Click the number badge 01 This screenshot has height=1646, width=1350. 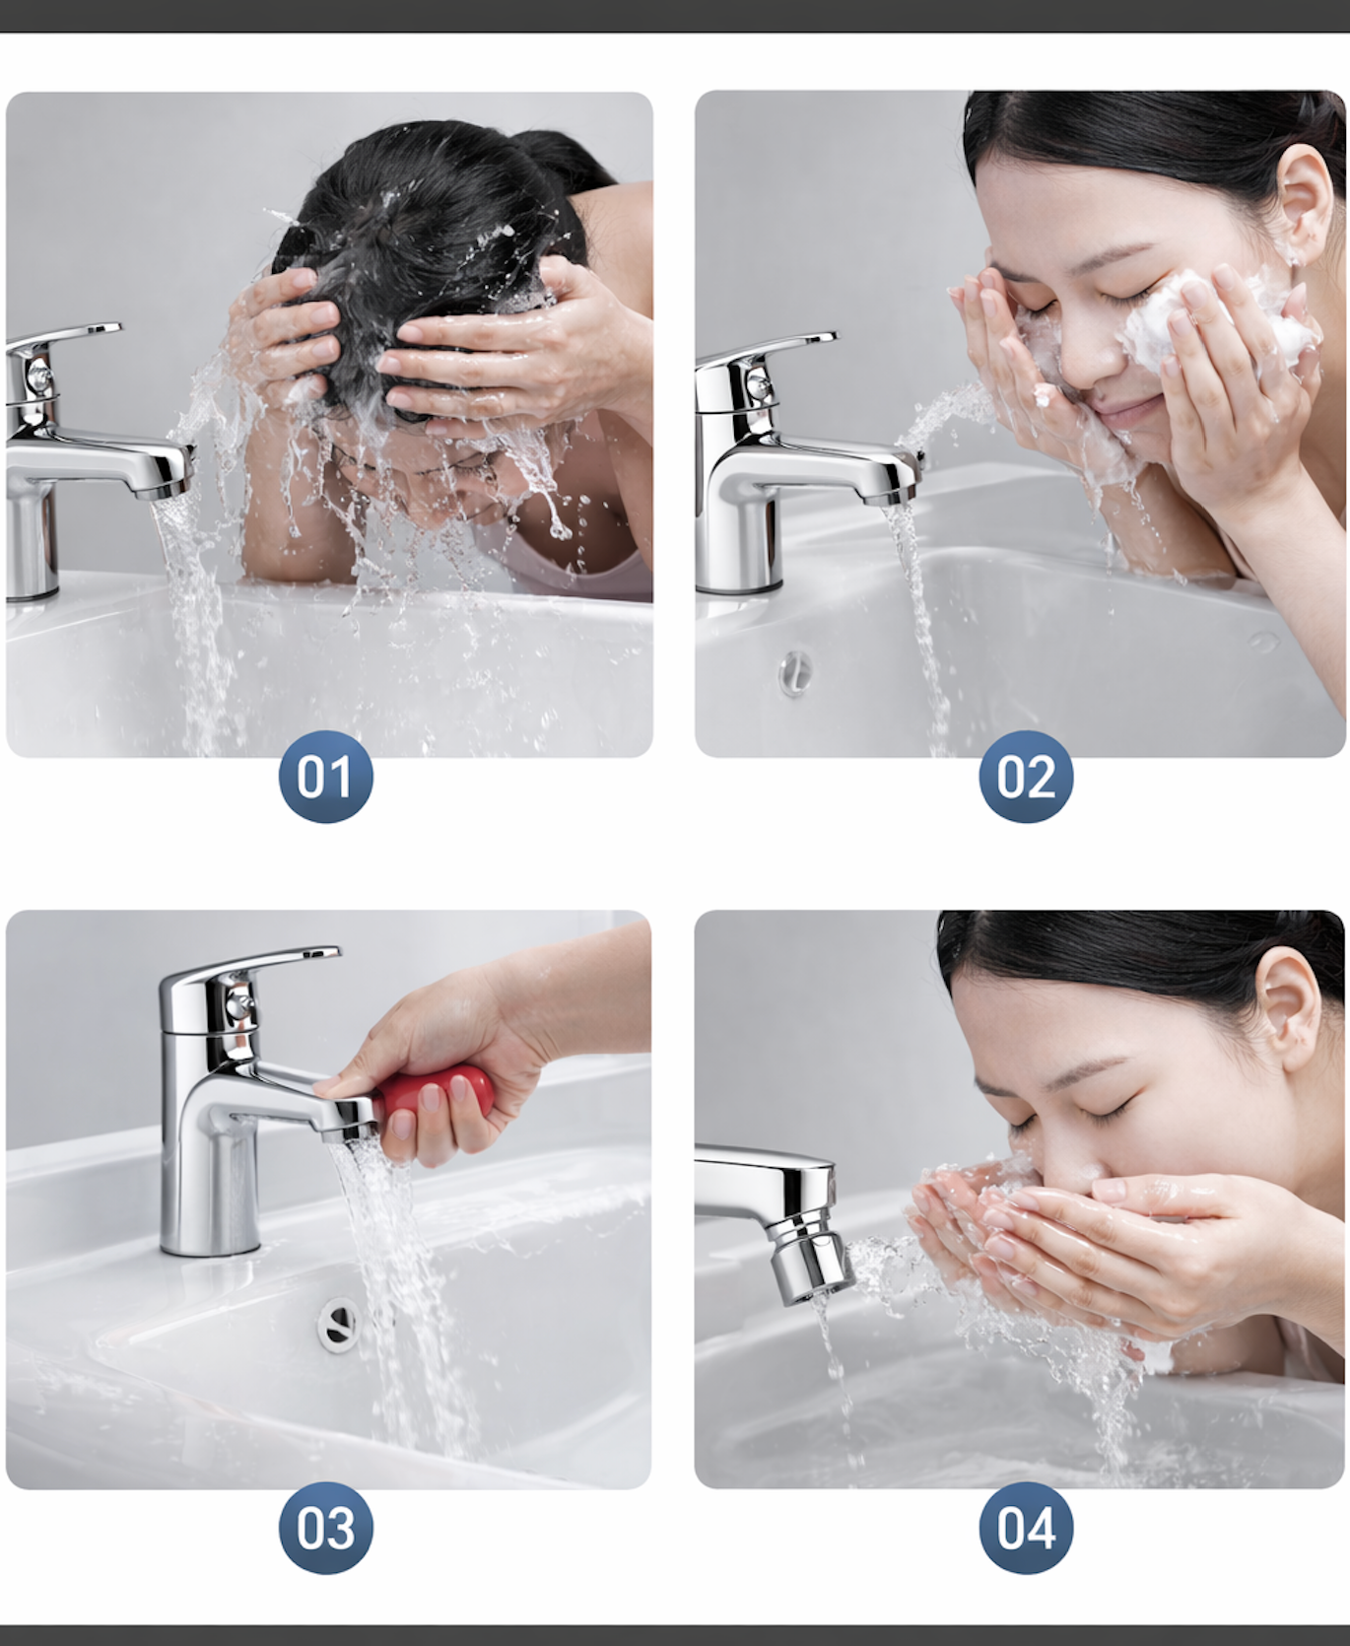[325, 777]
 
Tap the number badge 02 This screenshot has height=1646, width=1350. [1026, 777]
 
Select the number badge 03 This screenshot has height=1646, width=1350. [325, 1528]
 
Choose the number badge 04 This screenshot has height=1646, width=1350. [1026, 1528]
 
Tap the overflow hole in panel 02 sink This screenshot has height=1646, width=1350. [795, 672]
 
